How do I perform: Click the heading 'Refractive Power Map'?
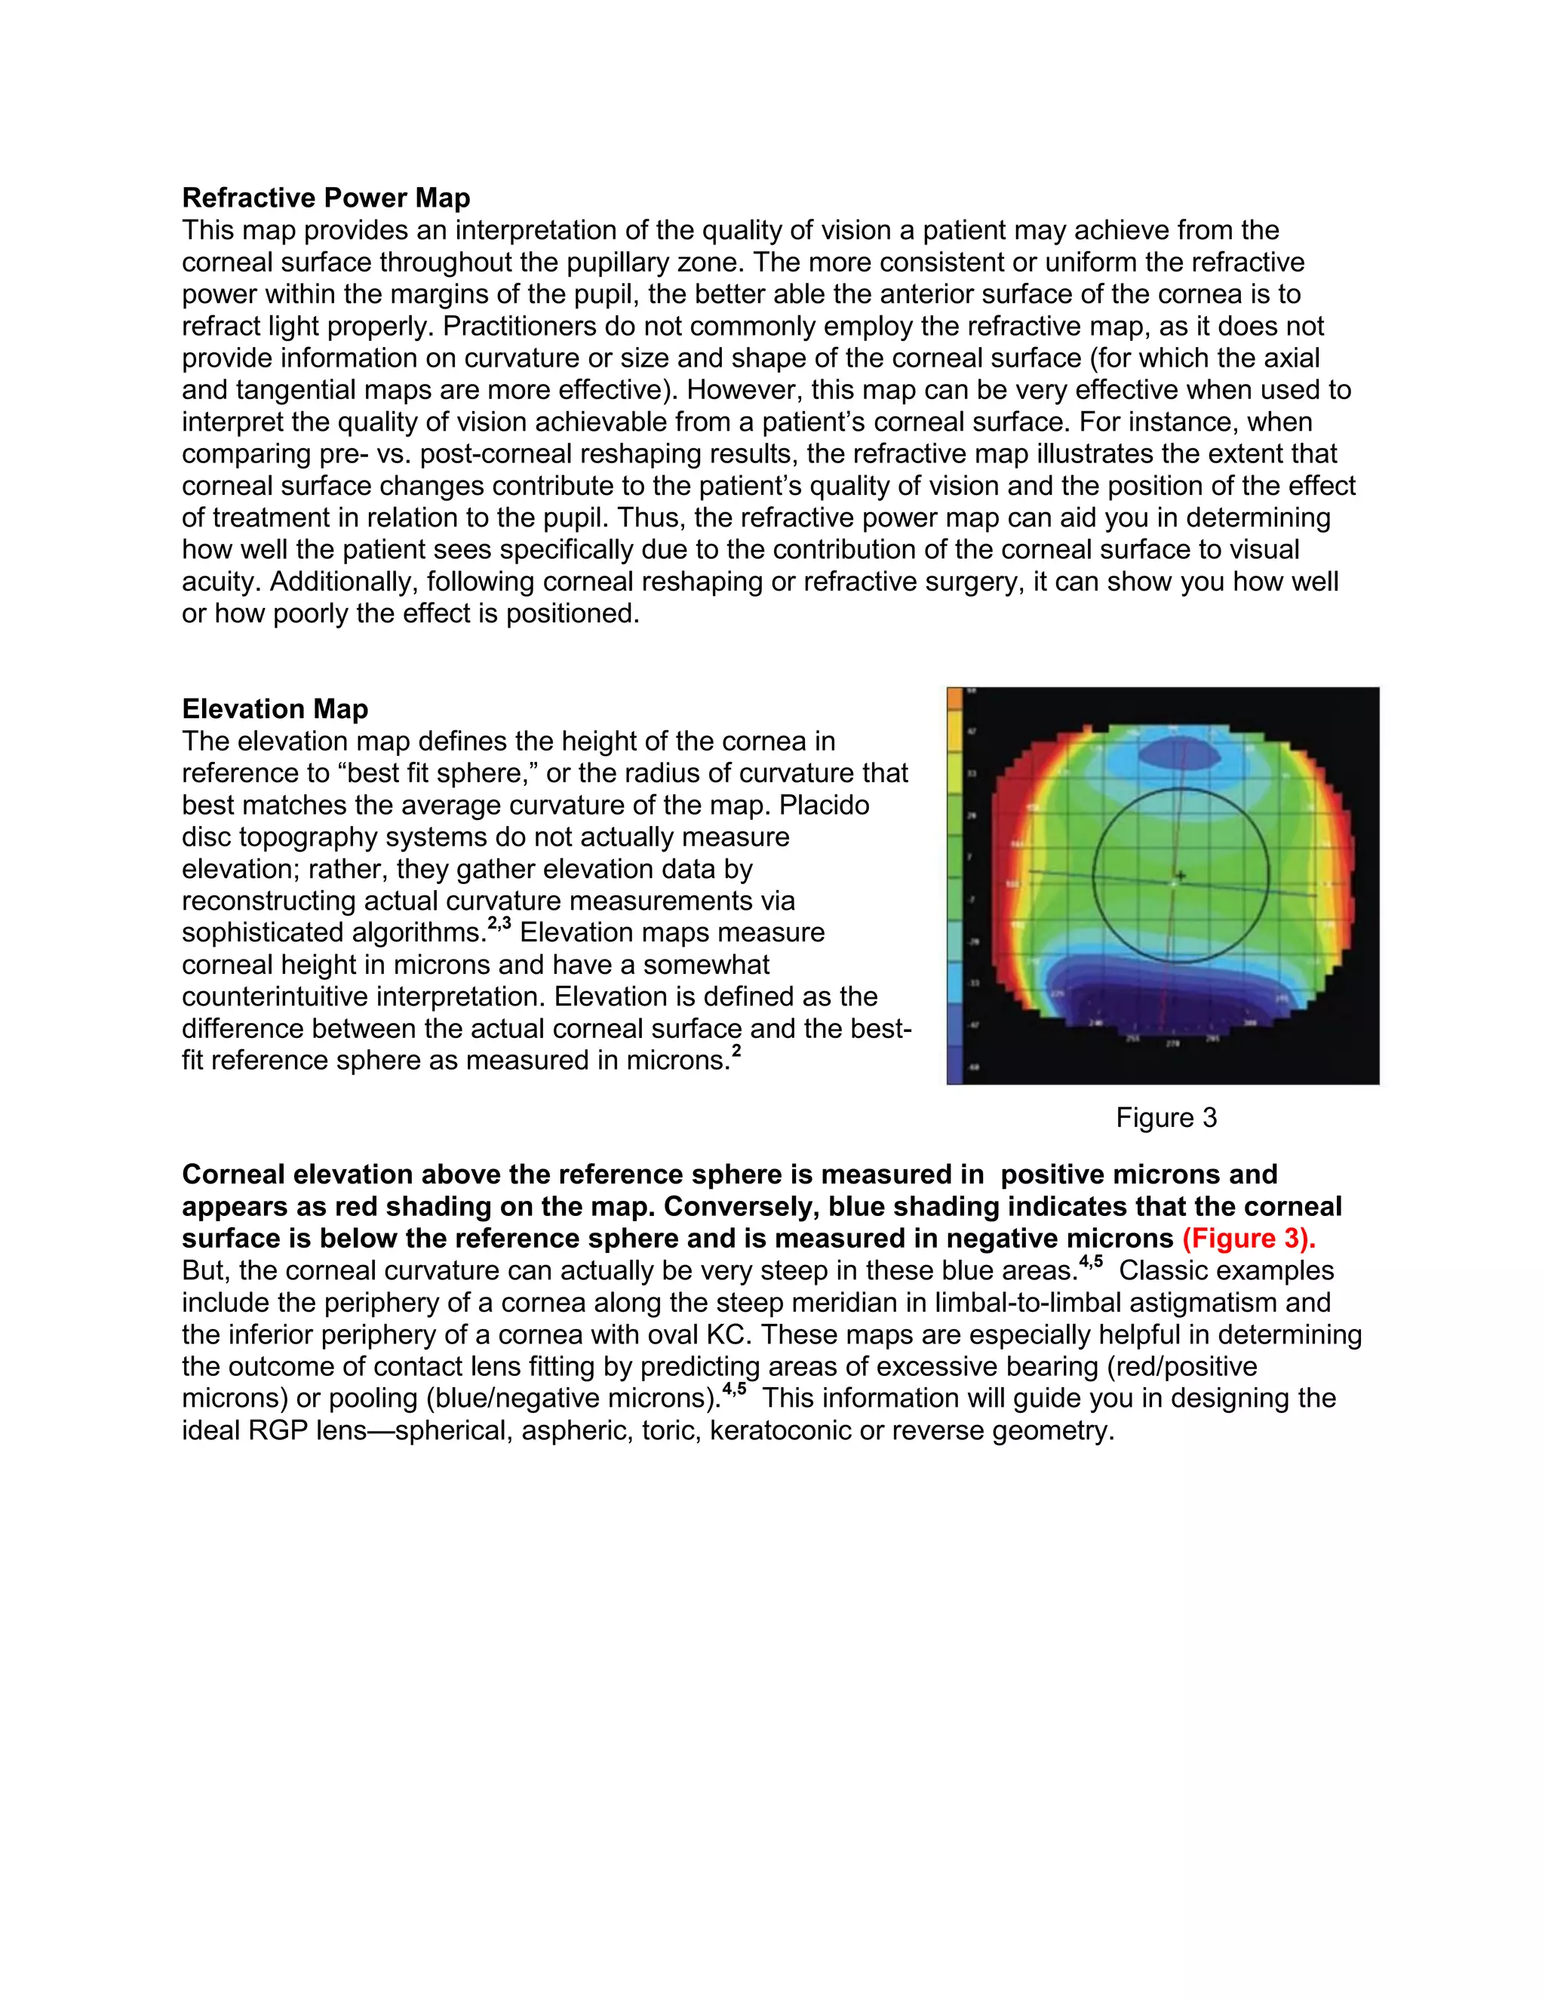tap(326, 198)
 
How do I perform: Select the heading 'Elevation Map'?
tap(275, 708)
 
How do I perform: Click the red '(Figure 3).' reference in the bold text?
tap(1249, 1239)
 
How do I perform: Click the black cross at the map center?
tap(1181, 876)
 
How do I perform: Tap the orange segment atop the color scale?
tap(954, 699)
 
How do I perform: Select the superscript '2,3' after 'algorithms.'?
tap(499, 923)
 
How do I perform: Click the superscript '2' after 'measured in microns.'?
tap(736, 1051)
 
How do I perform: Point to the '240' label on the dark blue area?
tap(1095, 1022)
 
